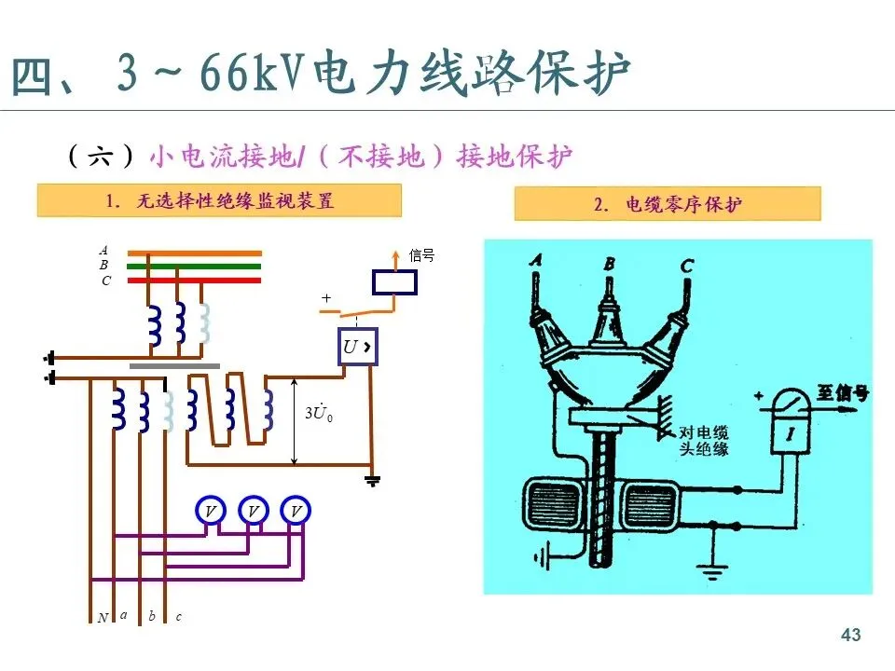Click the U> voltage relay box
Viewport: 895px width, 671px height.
tap(357, 348)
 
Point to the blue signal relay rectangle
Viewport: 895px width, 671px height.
tap(394, 282)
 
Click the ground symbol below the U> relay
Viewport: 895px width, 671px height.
tap(372, 481)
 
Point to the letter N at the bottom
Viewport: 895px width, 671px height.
tap(103, 618)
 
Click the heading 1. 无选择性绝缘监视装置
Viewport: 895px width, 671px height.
tap(220, 200)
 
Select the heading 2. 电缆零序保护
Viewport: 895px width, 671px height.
tap(668, 204)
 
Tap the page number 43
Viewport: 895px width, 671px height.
tap(850, 636)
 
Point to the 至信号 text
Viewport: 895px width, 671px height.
tap(843, 393)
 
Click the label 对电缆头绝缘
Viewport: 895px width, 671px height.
tap(704, 441)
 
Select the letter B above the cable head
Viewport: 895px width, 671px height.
tap(609, 265)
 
